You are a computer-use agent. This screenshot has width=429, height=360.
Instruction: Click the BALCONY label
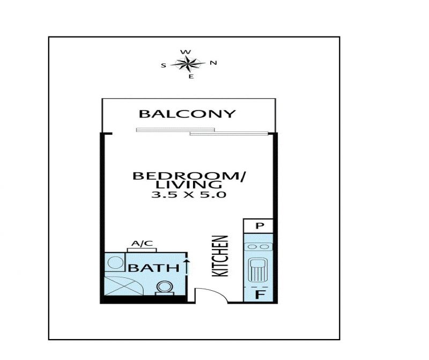pos(187,114)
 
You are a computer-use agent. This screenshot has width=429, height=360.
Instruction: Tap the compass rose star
pos(188,64)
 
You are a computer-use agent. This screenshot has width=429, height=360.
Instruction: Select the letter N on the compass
pos(213,63)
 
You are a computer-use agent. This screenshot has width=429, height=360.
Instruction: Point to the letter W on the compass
pos(186,52)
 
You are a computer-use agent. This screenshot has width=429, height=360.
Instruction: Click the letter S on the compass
pos(164,65)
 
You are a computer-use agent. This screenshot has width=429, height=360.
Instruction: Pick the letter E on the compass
pos(191,77)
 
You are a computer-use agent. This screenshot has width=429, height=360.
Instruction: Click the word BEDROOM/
pos(189,176)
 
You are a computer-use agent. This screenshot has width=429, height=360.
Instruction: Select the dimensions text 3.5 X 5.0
pos(189,195)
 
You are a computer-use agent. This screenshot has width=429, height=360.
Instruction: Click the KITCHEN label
pos(220,256)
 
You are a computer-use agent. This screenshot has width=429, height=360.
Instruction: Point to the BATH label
pos(153,268)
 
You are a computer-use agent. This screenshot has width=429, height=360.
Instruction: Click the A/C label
pos(142,243)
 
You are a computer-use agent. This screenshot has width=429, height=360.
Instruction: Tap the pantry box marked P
pos(258,226)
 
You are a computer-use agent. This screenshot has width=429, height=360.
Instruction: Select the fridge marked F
pos(258,295)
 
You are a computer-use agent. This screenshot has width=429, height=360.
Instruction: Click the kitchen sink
pos(257,270)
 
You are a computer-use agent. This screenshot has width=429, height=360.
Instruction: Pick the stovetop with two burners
pos(258,247)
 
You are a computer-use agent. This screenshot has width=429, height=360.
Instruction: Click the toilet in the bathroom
pos(165,288)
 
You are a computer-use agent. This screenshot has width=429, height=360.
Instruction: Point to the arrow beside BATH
pos(187,266)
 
